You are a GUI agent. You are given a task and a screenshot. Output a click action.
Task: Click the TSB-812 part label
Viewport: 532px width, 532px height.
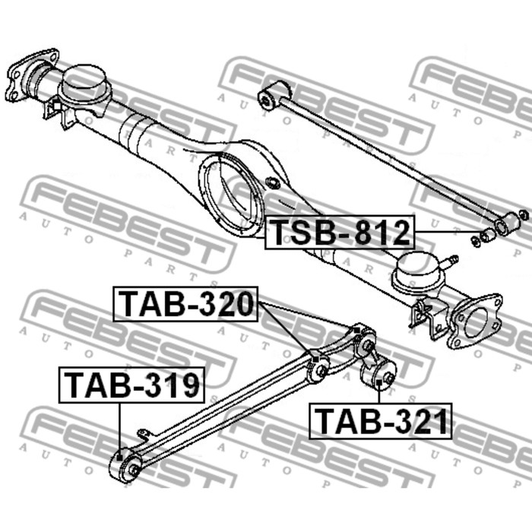tap(340, 233)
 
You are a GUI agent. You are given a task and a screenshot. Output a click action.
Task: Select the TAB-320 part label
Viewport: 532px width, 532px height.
tap(185, 304)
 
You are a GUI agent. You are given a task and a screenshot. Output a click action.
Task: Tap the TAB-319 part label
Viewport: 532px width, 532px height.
tap(131, 385)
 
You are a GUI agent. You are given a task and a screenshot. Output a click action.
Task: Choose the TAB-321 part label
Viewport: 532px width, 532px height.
tap(380, 421)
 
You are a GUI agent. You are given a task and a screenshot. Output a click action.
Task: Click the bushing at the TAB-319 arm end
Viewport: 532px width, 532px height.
tap(125, 465)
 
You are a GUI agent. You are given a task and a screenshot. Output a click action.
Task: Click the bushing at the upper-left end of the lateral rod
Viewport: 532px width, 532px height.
tap(274, 94)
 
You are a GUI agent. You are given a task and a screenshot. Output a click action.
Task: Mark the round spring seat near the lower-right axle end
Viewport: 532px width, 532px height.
tap(419, 274)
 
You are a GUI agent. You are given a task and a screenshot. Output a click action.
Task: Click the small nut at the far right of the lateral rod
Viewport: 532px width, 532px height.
tap(524, 214)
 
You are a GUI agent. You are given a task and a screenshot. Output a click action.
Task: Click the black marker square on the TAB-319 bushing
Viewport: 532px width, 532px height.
tap(119, 458)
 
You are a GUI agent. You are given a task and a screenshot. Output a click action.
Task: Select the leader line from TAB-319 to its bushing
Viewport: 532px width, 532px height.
tap(120, 429)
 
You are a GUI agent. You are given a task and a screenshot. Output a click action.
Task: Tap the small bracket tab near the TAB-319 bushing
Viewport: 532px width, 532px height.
tap(144, 435)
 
